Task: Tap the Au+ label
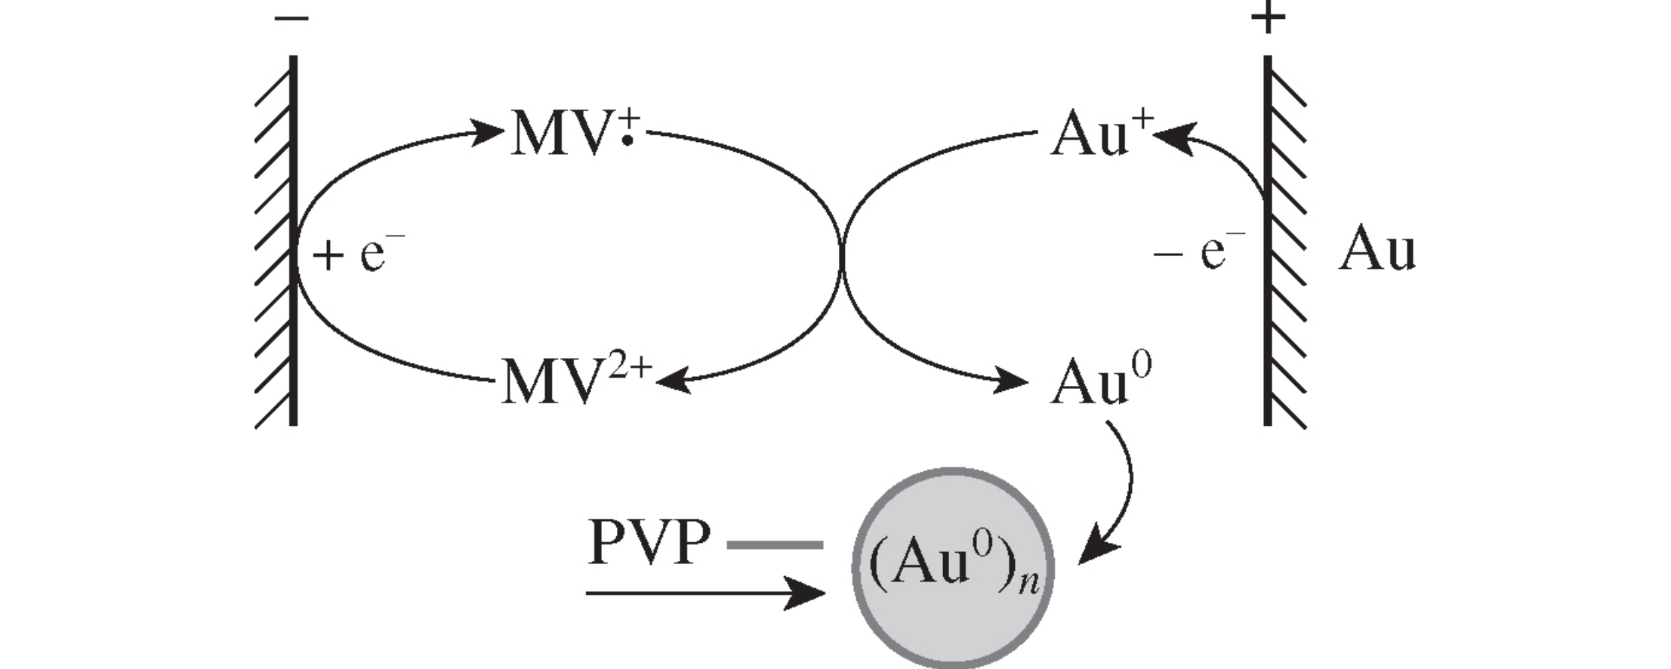(1099, 134)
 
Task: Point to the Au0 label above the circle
(1099, 382)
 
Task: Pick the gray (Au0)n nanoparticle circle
(953, 568)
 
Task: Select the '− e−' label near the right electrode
(1198, 252)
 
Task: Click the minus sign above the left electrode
(291, 17)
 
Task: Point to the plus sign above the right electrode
(1268, 17)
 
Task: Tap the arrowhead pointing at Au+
(1172, 138)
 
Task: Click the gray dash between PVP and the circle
(775, 544)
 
